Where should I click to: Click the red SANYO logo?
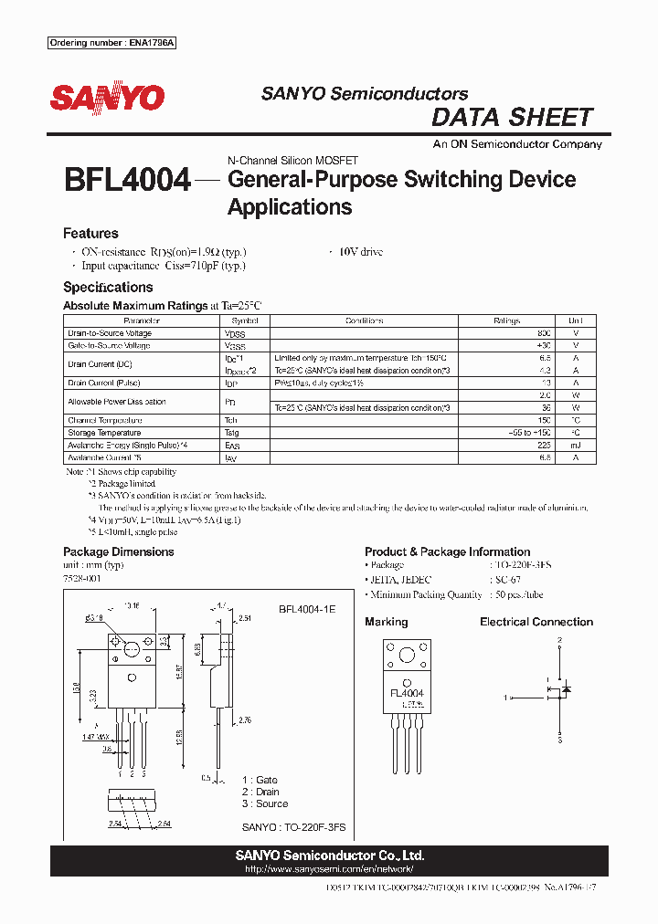click(x=107, y=98)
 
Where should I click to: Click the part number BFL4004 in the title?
click(x=127, y=180)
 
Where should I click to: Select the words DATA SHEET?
click(x=512, y=117)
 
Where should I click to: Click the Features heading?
click(x=90, y=234)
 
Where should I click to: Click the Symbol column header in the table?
click(x=245, y=321)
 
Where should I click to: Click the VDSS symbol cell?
click(x=235, y=334)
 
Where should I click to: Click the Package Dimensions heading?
click(x=118, y=551)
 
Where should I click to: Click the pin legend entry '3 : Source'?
click(x=265, y=803)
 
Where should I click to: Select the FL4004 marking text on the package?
click(x=406, y=693)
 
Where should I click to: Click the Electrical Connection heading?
click(x=536, y=622)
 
